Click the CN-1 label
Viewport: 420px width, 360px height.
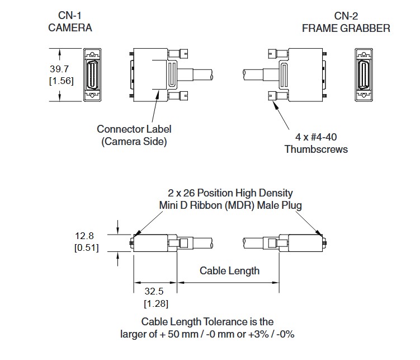point(70,16)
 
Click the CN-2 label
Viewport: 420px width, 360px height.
point(346,16)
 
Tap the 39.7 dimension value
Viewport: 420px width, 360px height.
point(59,69)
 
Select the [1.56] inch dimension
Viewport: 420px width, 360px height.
point(62,81)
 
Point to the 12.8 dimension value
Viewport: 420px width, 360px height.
point(84,236)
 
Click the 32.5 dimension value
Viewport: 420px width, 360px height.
point(154,291)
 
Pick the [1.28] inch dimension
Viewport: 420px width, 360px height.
point(156,303)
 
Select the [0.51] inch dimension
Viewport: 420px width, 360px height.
point(87,247)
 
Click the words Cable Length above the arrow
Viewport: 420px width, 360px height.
point(229,271)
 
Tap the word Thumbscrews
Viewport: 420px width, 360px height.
point(316,149)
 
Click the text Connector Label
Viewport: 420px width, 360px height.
point(134,129)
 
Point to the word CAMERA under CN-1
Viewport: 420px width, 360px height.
point(70,27)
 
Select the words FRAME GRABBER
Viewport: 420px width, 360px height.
point(346,28)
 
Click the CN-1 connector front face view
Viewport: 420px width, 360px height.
point(92,75)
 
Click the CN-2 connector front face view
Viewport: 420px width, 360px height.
point(364,75)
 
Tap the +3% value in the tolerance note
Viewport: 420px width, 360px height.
point(258,334)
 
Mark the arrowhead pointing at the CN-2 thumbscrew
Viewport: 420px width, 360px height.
point(274,104)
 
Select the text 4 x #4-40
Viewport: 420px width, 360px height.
point(316,137)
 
